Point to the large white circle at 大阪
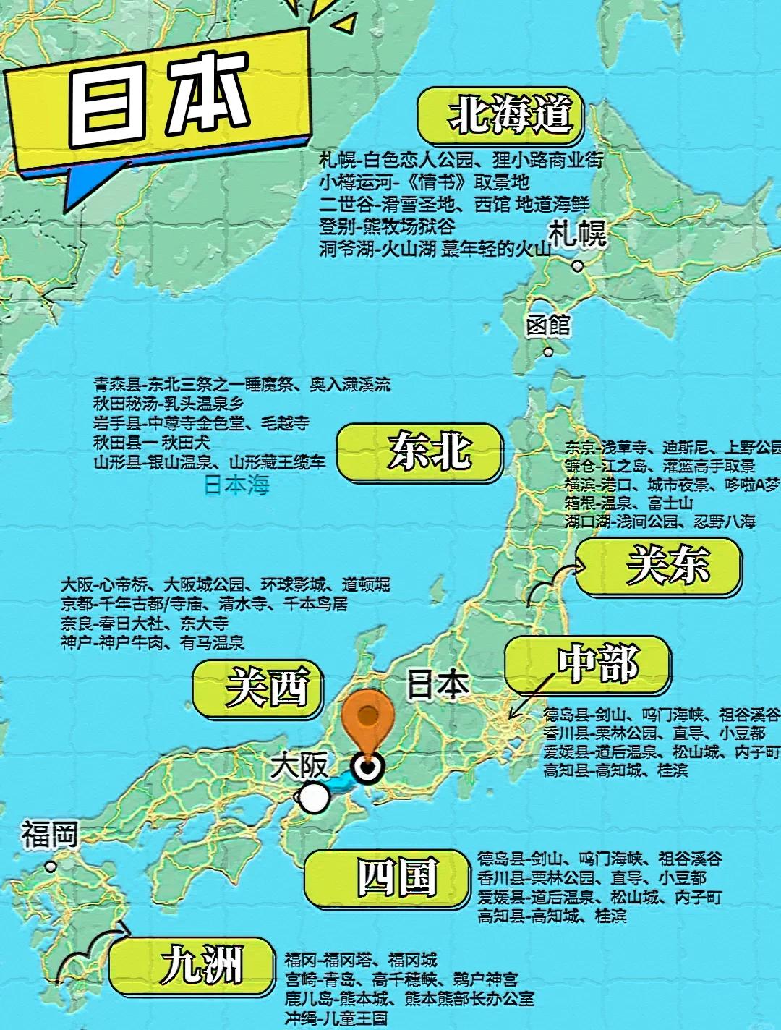click(x=314, y=798)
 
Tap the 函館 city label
click(x=548, y=325)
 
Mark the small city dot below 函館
click(x=548, y=352)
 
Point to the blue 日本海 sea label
click(x=236, y=485)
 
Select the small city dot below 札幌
click(x=576, y=265)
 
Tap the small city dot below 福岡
click(x=50, y=865)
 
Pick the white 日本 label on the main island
click(x=438, y=684)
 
